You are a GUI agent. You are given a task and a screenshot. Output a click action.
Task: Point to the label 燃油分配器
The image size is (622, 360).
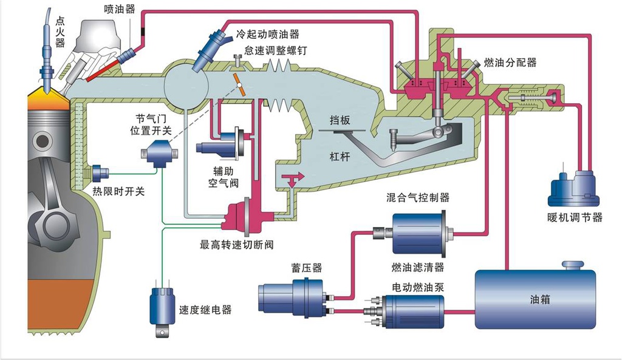click(510, 63)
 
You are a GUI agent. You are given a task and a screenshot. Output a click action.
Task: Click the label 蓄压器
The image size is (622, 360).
click(307, 268)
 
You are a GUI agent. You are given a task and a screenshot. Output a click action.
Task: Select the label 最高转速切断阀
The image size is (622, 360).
click(237, 245)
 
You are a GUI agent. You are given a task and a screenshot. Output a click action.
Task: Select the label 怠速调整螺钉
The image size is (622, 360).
click(271, 49)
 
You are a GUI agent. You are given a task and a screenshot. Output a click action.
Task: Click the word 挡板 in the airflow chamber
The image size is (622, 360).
click(340, 120)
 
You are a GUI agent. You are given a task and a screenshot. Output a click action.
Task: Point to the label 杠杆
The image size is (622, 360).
click(340, 155)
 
